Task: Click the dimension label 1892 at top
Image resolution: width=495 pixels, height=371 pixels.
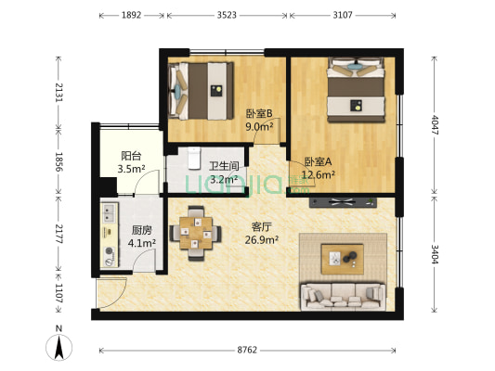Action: [x=131, y=15]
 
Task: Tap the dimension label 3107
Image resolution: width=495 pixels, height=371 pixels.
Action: [x=344, y=15]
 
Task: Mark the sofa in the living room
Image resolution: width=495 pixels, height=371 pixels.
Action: [x=342, y=296]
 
